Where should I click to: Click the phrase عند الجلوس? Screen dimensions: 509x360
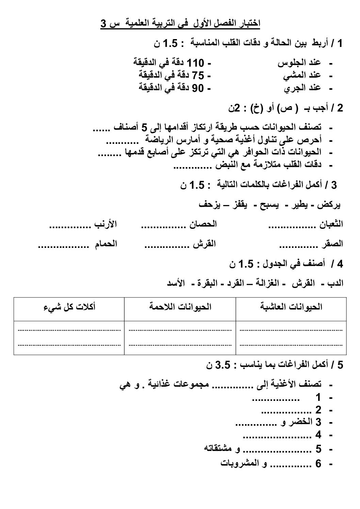point(299,63)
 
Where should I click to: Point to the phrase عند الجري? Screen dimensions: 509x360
point(302,88)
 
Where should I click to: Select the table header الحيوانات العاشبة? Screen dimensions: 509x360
point(291,307)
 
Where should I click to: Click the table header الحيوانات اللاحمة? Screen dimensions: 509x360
point(180,307)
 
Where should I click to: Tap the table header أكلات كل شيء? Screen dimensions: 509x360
point(69,307)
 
